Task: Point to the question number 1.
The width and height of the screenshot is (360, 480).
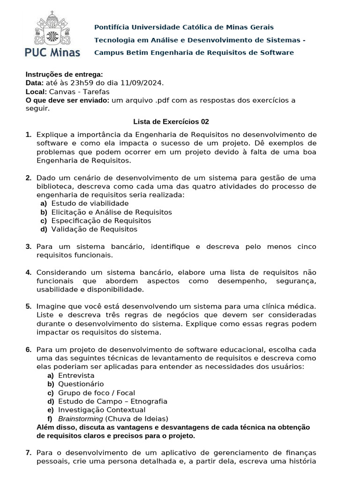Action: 28,135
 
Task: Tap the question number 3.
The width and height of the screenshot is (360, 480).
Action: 28,247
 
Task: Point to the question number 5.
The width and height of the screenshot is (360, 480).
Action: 28,307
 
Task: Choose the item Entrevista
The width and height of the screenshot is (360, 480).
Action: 76,375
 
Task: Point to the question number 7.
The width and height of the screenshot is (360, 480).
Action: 28,453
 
